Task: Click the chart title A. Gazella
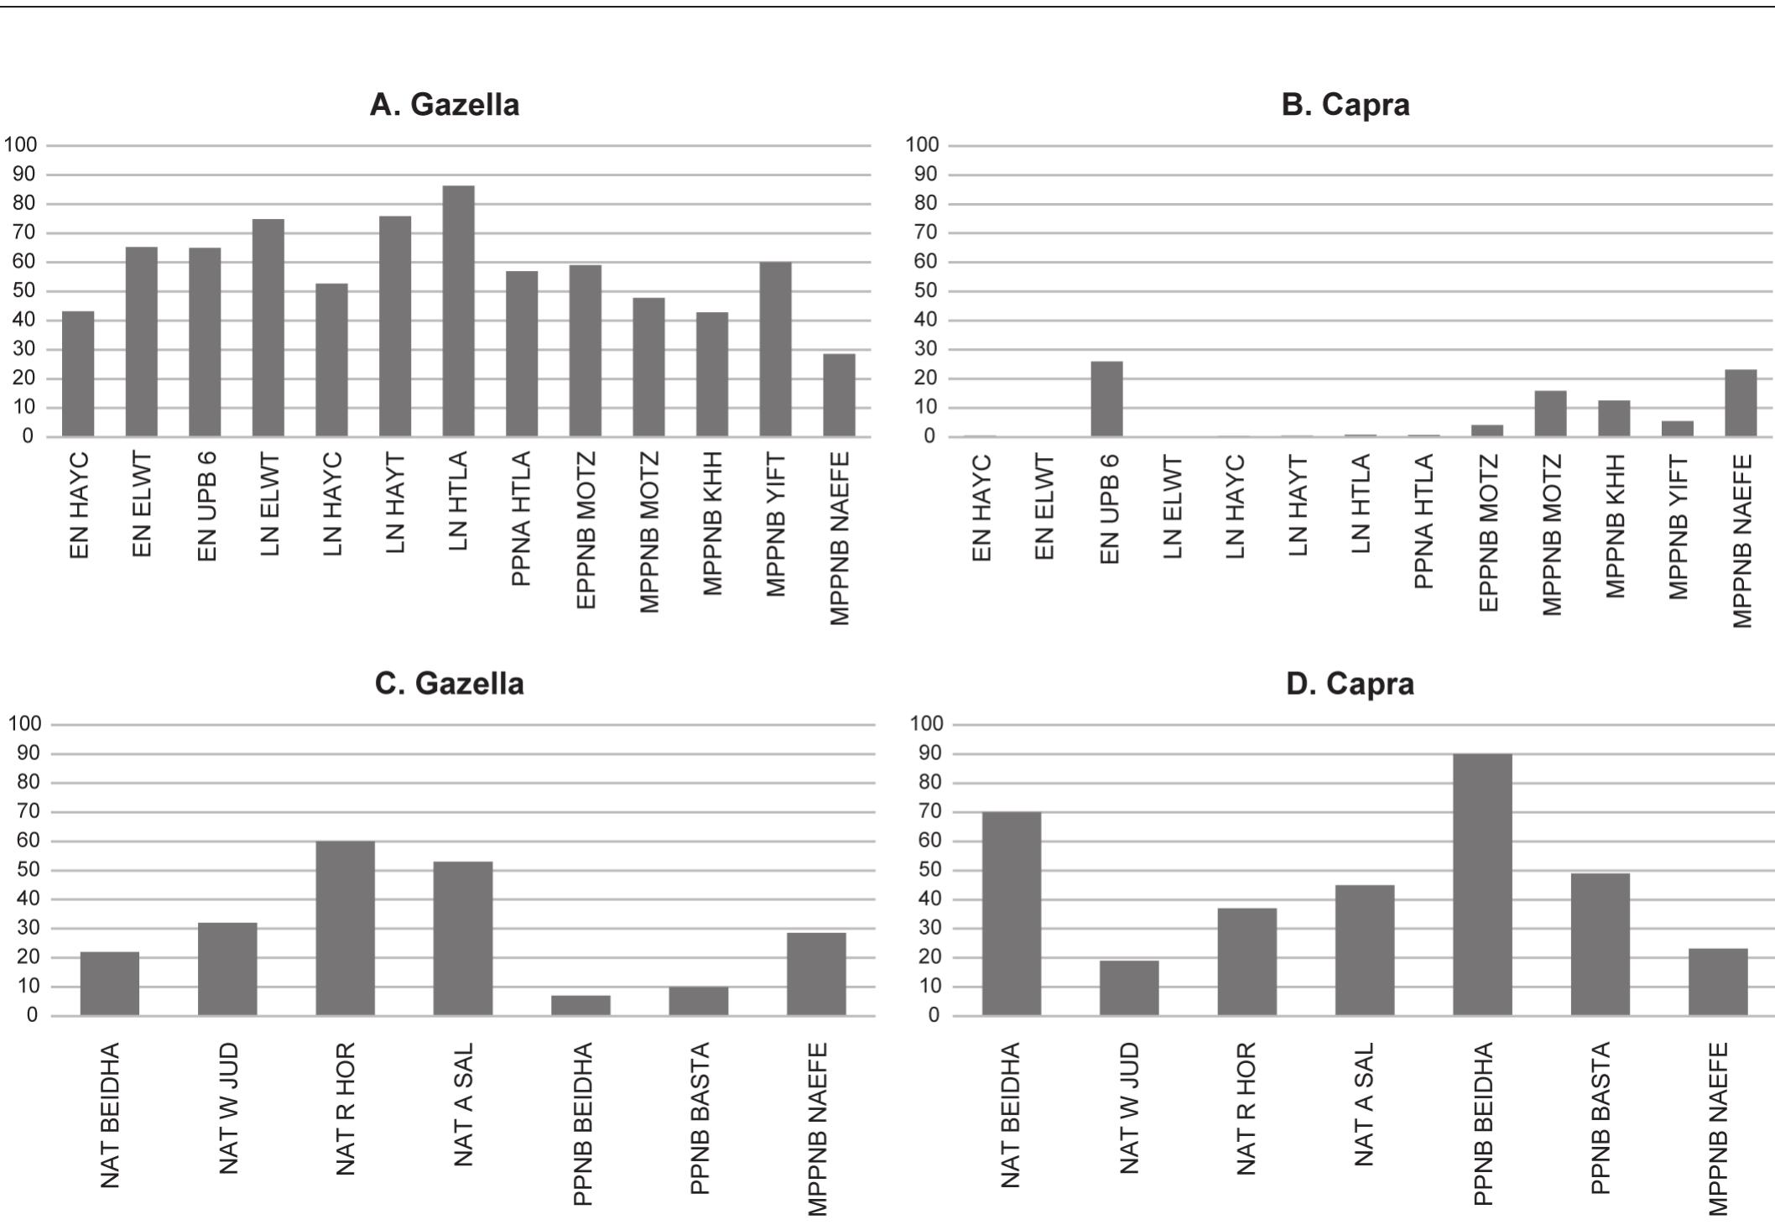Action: (445, 105)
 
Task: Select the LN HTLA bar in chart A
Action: (458, 311)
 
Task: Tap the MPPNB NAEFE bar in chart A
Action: (839, 395)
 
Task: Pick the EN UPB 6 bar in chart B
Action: (1106, 399)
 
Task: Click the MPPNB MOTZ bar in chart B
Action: (1550, 414)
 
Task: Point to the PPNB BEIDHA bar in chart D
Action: (1482, 884)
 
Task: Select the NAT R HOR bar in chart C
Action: (345, 928)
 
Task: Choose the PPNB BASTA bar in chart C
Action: (698, 1001)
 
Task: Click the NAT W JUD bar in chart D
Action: (1129, 988)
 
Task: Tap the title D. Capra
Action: (1349, 684)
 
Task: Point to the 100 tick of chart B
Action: (921, 144)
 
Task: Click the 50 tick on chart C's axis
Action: (28, 870)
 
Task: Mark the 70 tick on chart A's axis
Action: (24, 232)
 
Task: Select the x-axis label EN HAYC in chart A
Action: (79, 506)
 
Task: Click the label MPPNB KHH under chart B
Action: (1614, 526)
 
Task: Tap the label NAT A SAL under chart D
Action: (1364, 1104)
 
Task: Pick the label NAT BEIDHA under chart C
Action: (110, 1115)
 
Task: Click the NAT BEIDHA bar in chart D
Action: (1011, 914)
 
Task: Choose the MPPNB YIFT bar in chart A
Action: (775, 349)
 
